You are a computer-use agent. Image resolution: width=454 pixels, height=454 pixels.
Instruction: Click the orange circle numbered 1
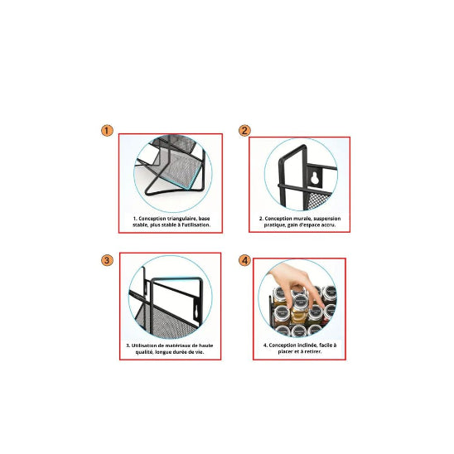107,131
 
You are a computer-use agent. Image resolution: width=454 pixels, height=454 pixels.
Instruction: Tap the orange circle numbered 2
244,131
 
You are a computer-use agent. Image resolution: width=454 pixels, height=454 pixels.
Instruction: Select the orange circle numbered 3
107,260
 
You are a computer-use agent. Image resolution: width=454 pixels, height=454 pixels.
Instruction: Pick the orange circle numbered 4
244,260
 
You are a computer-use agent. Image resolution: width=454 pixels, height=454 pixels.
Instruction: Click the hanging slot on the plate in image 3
196,307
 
